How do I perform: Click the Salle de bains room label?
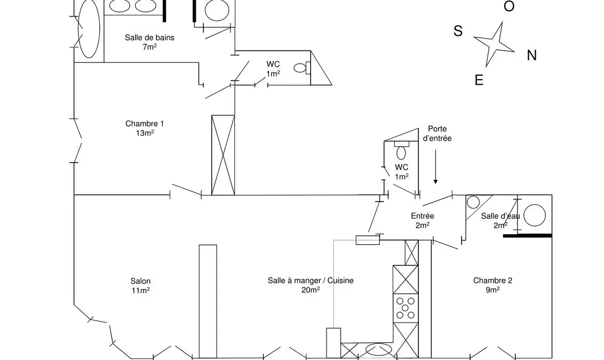149,42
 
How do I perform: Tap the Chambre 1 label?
145,128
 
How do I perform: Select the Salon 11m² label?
140,286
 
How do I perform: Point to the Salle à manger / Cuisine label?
311,285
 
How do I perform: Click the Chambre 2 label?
492,285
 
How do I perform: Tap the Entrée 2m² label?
423,221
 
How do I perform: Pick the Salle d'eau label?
500,221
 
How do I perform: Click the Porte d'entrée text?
437,134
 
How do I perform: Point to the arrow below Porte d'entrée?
436,167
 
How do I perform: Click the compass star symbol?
494,44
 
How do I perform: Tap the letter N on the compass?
532,56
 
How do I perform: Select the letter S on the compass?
458,31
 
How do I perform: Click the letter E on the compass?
479,80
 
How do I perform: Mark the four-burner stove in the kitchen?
406,308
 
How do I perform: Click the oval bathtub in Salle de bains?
89,28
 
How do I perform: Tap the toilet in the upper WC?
302,68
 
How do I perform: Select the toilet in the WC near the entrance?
401,150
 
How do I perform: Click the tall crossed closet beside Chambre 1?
223,155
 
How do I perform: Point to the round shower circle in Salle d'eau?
535,215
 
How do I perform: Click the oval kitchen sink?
377,350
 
